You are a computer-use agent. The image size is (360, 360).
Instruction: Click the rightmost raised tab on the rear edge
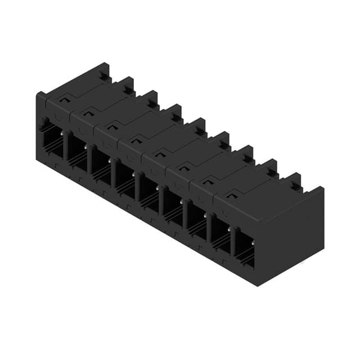[295, 182]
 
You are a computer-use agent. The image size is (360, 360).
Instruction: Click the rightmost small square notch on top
[231, 194]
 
